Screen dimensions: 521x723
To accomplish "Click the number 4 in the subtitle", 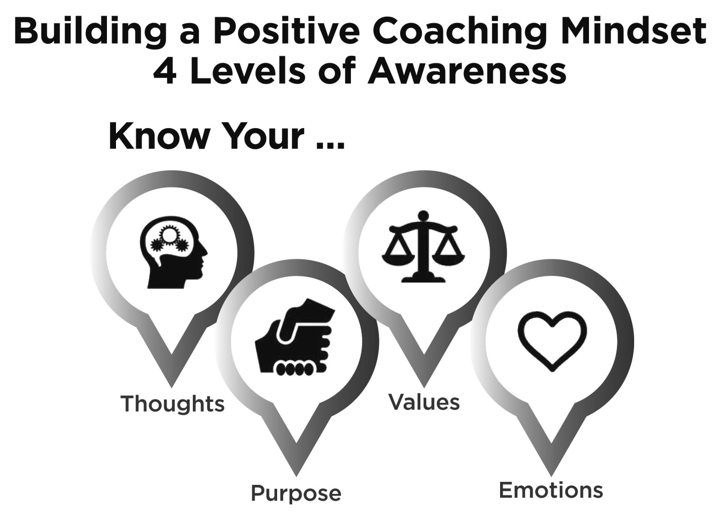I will pyautogui.click(x=164, y=72).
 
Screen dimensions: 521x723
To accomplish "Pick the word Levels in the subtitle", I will pyautogui.click(x=247, y=72).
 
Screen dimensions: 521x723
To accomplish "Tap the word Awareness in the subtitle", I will pyautogui.click(x=467, y=72).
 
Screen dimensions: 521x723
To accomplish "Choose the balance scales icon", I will pyautogui.click(x=423, y=247).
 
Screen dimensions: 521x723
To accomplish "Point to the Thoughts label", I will pyautogui.click(x=172, y=403).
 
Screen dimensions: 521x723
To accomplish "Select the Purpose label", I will pyautogui.click(x=296, y=493).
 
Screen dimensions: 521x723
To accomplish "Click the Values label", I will pyautogui.click(x=424, y=402).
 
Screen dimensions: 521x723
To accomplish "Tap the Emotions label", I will pyautogui.click(x=551, y=490).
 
